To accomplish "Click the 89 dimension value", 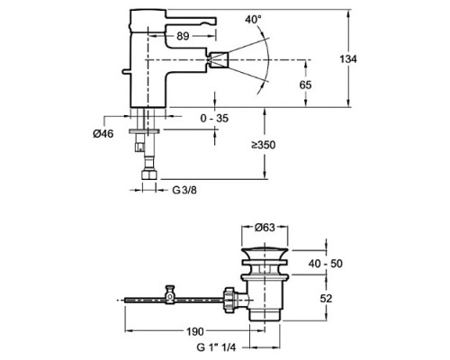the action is pos(183,36).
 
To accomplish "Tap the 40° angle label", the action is pos(253,20).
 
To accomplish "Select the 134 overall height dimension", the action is pos(348,58).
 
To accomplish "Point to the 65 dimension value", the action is pos(305,85).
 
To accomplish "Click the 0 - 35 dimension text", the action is pos(214,118).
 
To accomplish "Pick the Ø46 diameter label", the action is pos(103,134).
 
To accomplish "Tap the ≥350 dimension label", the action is pos(264,145).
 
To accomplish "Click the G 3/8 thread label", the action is pos(184,190).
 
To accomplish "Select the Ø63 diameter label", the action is pos(265,228).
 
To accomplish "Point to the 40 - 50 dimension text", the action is pos(326,264).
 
